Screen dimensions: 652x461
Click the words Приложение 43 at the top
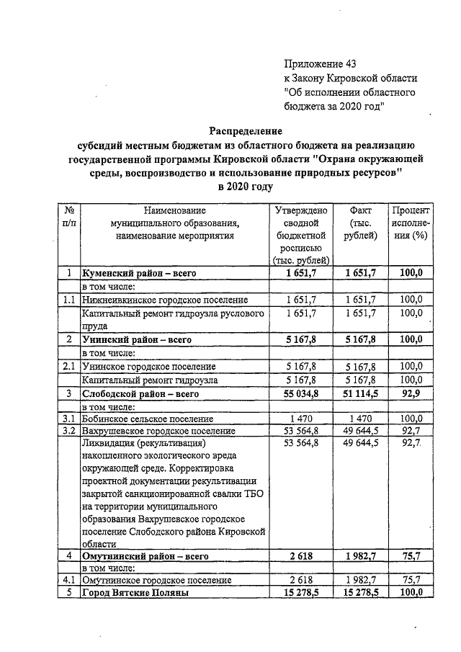click(x=320, y=63)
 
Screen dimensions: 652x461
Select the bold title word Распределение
click(x=246, y=130)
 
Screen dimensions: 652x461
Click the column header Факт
click(x=360, y=210)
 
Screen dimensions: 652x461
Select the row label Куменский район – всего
click(x=139, y=273)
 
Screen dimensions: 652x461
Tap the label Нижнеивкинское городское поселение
click(x=165, y=299)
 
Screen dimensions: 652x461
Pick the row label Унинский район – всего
click(x=136, y=339)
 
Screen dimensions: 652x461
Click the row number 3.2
click(x=68, y=431)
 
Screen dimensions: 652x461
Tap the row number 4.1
click(x=68, y=579)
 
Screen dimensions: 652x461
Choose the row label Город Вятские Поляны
click(x=135, y=592)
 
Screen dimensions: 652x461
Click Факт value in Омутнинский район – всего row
click(x=360, y=555)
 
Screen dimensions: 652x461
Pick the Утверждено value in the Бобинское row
click(x=302, y=419)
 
